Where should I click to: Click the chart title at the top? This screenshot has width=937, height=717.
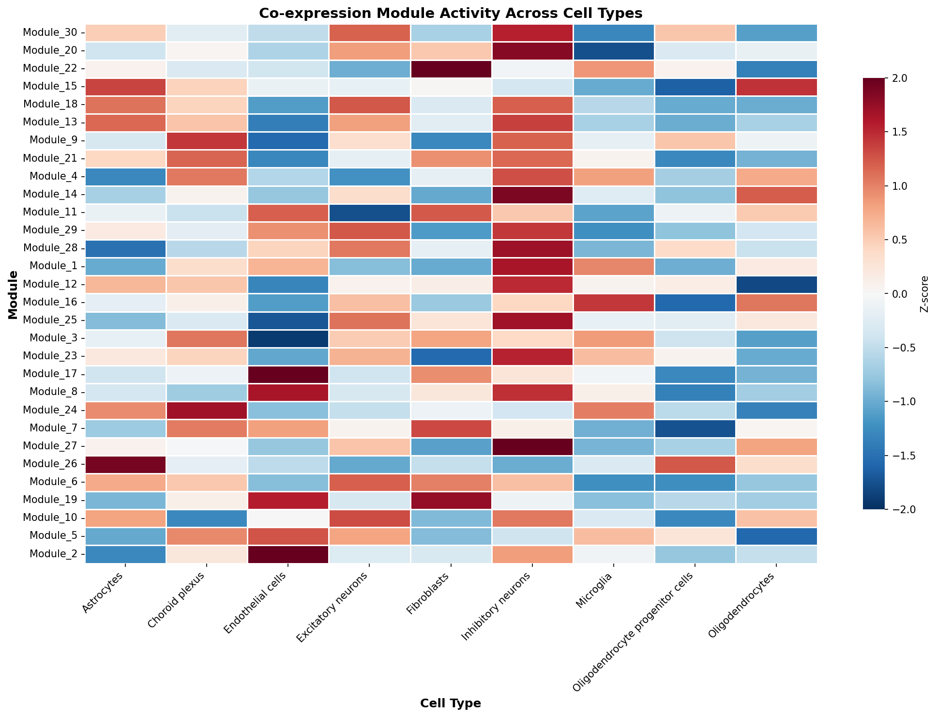451,13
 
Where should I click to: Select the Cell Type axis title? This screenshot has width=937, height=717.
451,703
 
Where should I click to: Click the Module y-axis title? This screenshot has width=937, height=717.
13,295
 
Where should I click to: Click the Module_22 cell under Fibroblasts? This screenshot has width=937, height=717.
451,69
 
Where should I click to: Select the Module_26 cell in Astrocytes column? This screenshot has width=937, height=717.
126,465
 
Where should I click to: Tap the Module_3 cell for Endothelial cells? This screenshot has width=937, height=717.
288,339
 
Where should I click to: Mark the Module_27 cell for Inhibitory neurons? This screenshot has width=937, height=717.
532,447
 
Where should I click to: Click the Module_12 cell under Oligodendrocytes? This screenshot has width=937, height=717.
776,285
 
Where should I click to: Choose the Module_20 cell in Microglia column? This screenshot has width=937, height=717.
613,51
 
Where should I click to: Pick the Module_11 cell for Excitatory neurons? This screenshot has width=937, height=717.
369,213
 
